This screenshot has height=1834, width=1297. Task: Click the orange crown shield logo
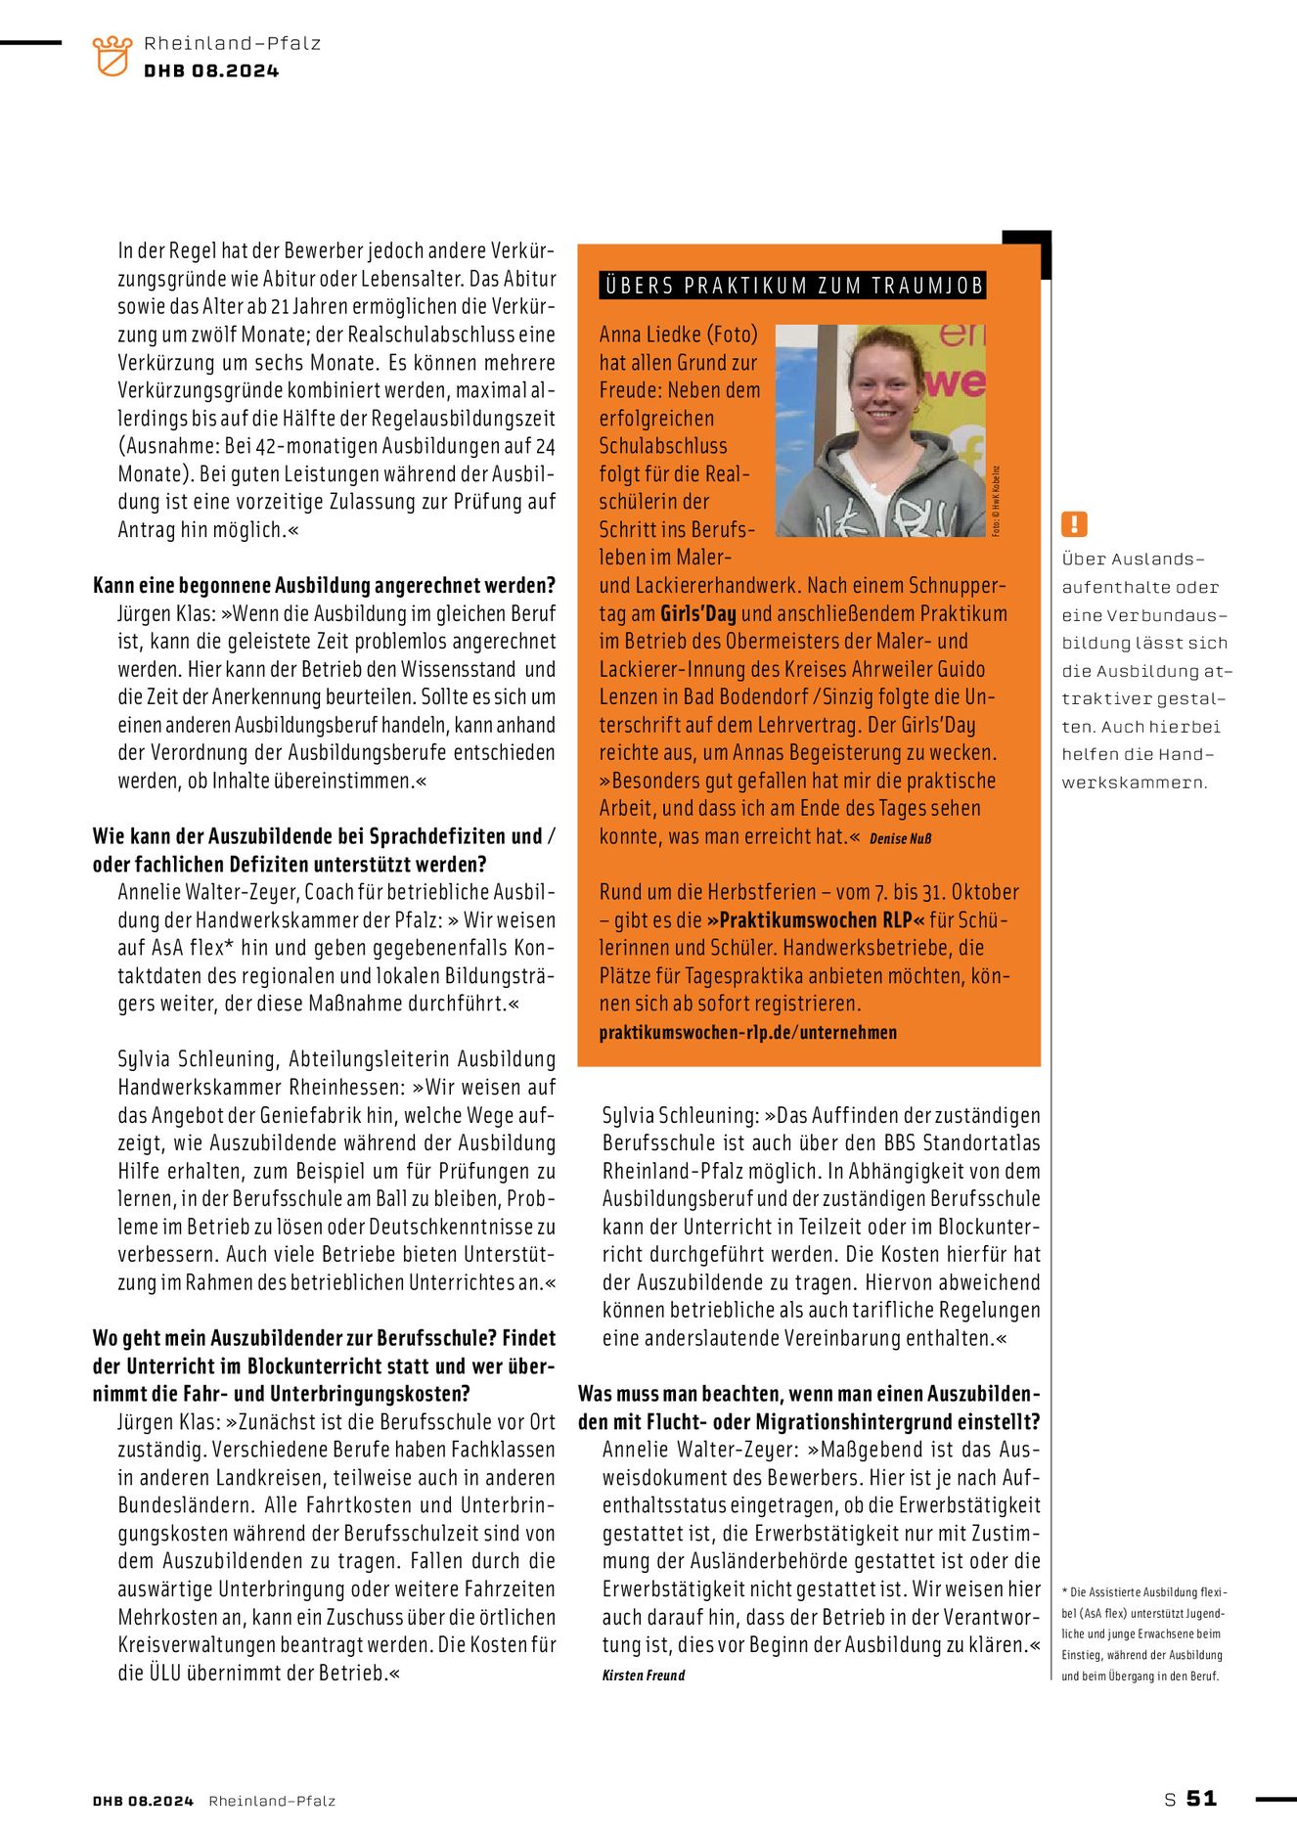point(112,56)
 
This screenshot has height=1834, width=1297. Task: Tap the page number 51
point(1201,1798)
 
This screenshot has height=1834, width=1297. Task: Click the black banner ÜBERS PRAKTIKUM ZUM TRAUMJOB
point(792,286)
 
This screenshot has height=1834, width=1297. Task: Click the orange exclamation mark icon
point(1074,524)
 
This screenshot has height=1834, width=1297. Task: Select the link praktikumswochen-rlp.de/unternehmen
point(747,1032)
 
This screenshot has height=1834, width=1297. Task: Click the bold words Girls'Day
point(697,614)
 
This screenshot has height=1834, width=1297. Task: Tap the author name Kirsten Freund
point(644,1676)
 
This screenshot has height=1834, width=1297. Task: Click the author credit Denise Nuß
point(900,839)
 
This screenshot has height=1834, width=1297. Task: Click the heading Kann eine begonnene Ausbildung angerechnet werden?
point(324,586)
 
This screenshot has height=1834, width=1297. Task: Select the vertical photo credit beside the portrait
point(996,500)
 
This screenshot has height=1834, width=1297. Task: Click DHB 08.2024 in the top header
point(211,71)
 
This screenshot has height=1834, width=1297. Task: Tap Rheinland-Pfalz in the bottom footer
point(272,1801)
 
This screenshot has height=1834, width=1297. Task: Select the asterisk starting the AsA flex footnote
point(1065,1592)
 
